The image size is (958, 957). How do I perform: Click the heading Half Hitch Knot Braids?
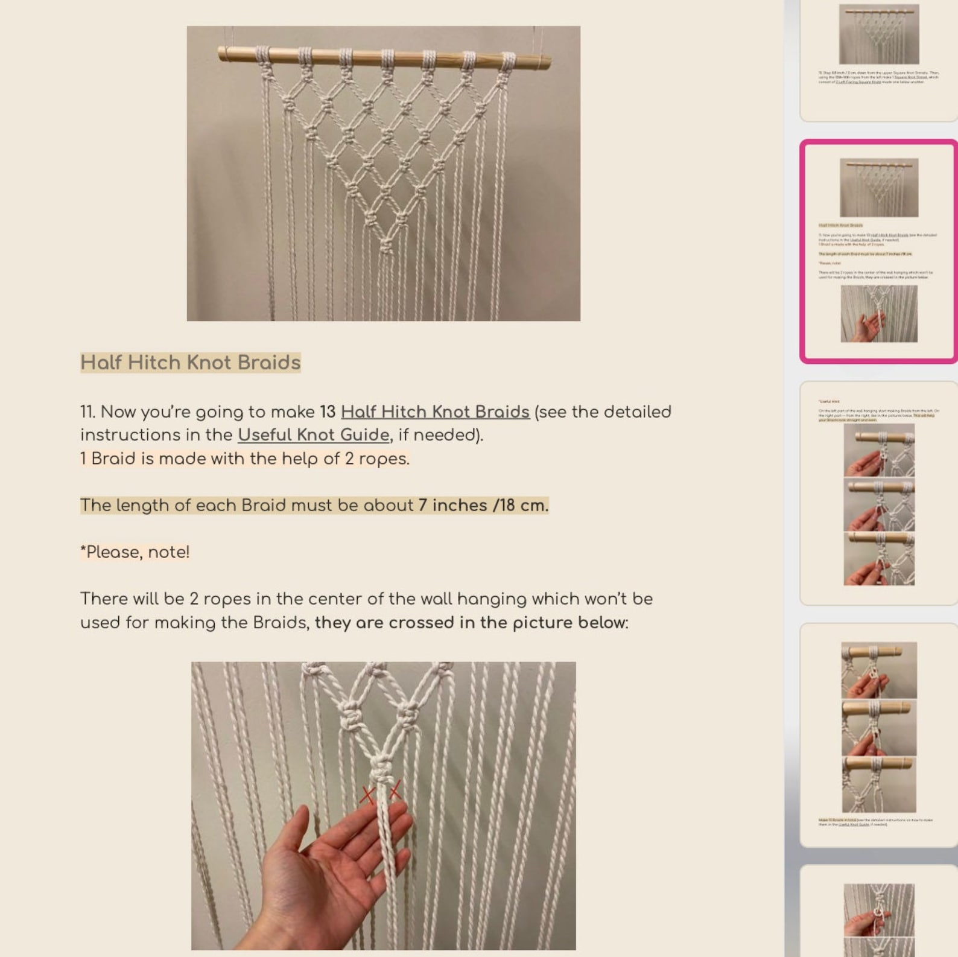[190, 363]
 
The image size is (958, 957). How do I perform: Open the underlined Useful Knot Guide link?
[313, 435]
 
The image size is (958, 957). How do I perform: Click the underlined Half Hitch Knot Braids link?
[434, 412]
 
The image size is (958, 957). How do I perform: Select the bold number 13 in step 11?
[327, 412]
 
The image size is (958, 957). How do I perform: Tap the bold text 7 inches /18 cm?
[483, 506]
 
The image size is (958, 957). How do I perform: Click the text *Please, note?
[135, 552]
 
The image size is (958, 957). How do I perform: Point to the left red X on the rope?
[367, 795]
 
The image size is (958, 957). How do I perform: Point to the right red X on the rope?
[395, 790]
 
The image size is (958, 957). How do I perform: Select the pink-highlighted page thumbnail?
[878, 251]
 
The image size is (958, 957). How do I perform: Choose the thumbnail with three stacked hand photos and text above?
[878, 492]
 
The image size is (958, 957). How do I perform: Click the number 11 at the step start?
[87, 412]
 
